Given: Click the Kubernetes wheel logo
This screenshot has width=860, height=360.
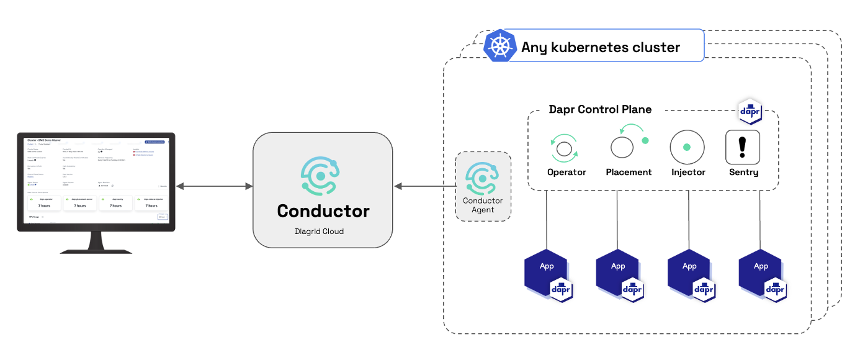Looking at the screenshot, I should pos(501,47).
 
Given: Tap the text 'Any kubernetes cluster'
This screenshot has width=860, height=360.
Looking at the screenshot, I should pos(601,47).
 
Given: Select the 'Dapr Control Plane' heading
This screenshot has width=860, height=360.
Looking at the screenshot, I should pos(600,109).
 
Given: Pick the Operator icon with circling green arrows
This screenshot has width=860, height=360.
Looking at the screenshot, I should pos(564,148).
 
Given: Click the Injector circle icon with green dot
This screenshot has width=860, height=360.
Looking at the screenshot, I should pos(687,148).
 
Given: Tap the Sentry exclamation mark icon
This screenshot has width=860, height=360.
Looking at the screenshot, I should pos(743,147).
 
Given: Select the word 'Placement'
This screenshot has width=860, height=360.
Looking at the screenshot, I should pos(629,172).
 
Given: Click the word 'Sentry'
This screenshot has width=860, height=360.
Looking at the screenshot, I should pos(743,172).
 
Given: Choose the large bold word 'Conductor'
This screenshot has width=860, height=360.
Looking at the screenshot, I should pos(323,211).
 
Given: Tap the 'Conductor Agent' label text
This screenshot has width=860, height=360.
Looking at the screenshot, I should pos(483,205).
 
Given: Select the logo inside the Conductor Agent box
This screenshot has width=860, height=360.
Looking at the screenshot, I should pos(483,179).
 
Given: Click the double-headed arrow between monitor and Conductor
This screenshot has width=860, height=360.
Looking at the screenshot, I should pos(214,186).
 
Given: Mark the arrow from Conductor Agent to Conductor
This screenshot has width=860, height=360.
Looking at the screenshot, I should pos(424,186).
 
